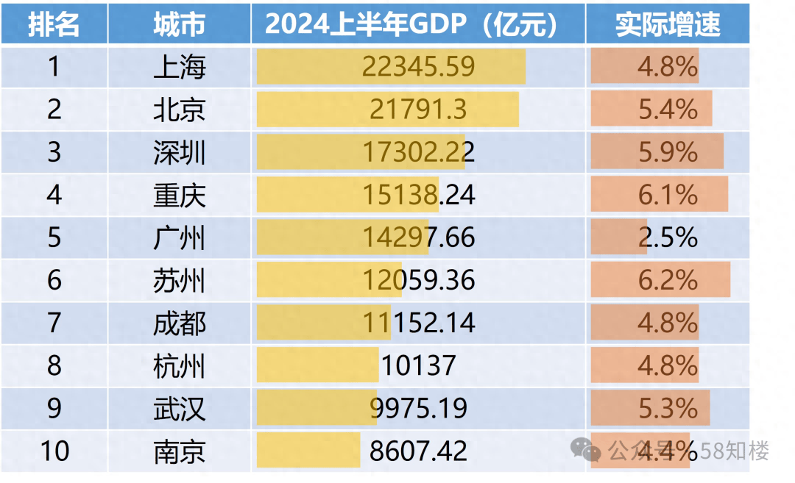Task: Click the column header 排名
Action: pos(54,25)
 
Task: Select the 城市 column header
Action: pos(179,25)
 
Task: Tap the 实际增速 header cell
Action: pos(668,25)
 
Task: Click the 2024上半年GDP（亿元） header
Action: pos(417,25)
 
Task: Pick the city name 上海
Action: pos(179,67)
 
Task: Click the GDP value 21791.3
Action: pos(418,110)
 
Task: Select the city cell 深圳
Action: pos(179,152)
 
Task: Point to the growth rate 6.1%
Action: pos(668,195)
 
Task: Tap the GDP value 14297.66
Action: pos(418,237)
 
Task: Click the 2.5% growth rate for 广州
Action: pos(668,237)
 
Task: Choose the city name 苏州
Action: pos(179,280)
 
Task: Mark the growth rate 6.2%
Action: pos(668,280)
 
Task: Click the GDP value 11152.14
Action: pos(418,323)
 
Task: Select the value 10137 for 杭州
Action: pos(418,365)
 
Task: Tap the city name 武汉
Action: pos(179,408)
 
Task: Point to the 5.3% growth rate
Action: pos(668,408)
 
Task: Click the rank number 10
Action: pos(54,451)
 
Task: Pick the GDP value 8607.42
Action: pos(418,451)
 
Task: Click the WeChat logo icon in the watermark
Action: pos(587,449)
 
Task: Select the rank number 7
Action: pos(54,323)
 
